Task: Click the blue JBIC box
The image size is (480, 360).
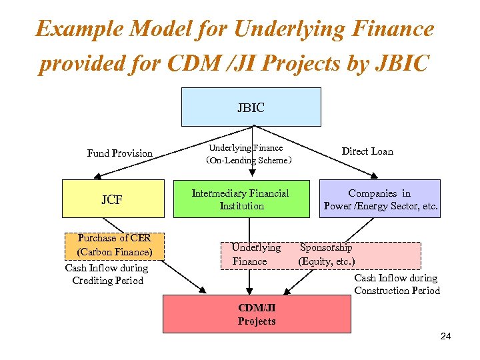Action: (x=251, y=107)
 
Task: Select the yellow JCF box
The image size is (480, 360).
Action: (x=113, y=199)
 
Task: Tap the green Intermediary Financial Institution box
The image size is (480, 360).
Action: (x=241, y=199)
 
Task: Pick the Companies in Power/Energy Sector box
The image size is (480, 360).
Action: (x=380, y=199)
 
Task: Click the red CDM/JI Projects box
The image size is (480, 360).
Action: (x=257, y=314)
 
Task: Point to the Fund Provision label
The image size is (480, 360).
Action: (x=120, y=153)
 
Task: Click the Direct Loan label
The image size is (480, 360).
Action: (x=367, y=151)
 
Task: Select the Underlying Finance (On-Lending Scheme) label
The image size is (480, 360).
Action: (x=246, y=154)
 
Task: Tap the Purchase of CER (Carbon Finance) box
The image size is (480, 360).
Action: (x=115, y=245)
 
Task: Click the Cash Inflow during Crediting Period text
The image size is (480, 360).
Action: (x=107, y=274)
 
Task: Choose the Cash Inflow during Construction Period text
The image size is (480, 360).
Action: (x=397, y=284)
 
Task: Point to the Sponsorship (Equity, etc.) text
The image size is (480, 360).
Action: (x=327, y=254)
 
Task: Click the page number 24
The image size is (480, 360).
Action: (x=445, y=336)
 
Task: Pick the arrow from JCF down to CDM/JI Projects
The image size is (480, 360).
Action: (x=183, y=273)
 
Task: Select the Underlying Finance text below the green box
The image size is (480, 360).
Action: (x=255, y=254)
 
